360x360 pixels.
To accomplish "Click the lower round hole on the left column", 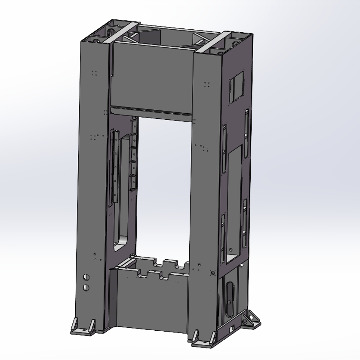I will pos(86,287).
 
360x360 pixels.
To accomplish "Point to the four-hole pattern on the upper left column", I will pos(94,73).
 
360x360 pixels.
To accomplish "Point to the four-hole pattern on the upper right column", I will pos(206,84).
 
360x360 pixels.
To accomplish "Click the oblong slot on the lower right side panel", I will pos(228,297).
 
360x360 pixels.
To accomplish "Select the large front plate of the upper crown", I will pos(151,78).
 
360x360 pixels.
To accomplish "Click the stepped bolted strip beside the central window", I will pos(133,155).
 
